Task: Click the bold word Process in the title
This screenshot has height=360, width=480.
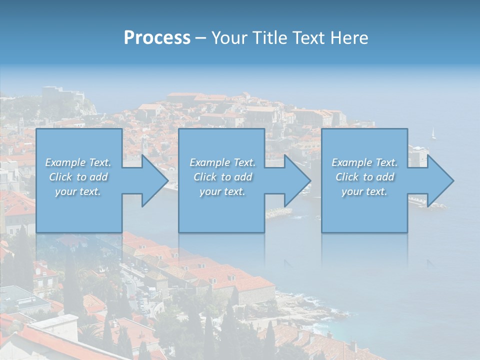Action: [x=157, y=38]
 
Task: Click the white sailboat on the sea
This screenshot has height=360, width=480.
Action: [x=433, y=133]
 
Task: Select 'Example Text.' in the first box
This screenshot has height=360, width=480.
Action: [x=78, y=162]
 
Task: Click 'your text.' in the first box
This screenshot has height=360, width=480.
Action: [x=78, y=191]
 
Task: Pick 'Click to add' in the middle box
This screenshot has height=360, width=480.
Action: [x=222, y=177]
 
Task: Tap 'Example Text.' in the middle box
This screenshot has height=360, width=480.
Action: [x=222, y=162]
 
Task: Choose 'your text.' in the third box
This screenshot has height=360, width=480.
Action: [x=364, y=191]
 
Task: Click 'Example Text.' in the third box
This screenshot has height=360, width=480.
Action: [x=364, y=162]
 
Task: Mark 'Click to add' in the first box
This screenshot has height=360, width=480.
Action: [x=78, y=177]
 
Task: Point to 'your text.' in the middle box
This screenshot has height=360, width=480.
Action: [x=222, y=191]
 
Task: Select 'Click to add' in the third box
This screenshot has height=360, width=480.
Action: [x=364, y=177]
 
